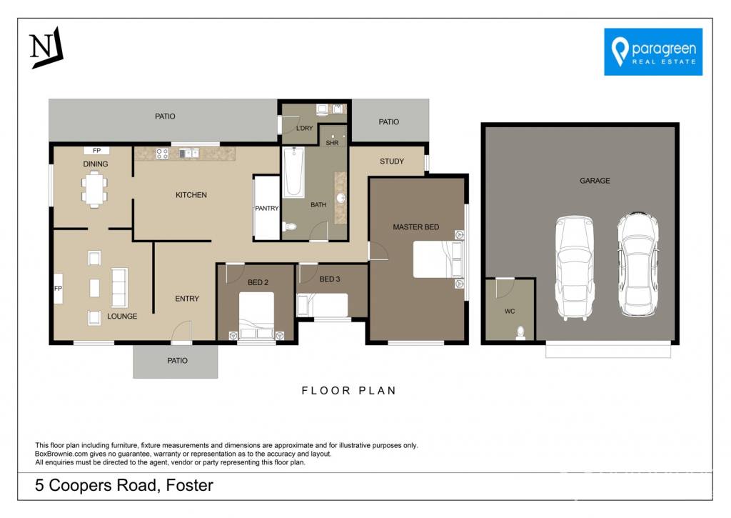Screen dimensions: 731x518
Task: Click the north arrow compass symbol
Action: point(46,48)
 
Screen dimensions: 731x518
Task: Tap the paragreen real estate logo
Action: point(653,51)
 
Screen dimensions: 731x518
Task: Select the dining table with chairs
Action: point(95,189)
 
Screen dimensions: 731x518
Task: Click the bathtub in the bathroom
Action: point(293,171)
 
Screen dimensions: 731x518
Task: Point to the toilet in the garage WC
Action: point(520,333)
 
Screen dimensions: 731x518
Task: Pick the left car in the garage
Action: point(575,269)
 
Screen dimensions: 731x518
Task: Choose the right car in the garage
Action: point(637,264)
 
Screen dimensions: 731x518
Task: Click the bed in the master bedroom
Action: point(438,259)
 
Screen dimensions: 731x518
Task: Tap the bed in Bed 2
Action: point(256,316)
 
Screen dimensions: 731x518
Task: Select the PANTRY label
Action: point(267,208)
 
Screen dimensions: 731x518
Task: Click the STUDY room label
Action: point(392,161)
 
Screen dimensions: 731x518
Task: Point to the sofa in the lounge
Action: point(120,287)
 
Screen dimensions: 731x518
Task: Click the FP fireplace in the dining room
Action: point(96,150)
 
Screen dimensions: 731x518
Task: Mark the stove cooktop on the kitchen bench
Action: point(162,153)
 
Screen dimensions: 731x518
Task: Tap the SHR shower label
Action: point(333,143)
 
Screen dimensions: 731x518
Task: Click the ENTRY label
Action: point(187,299)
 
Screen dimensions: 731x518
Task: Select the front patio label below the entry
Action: point(177,361)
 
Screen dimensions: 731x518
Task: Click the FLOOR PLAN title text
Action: point(348,391)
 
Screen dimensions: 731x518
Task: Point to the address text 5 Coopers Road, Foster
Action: point(124,485)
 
